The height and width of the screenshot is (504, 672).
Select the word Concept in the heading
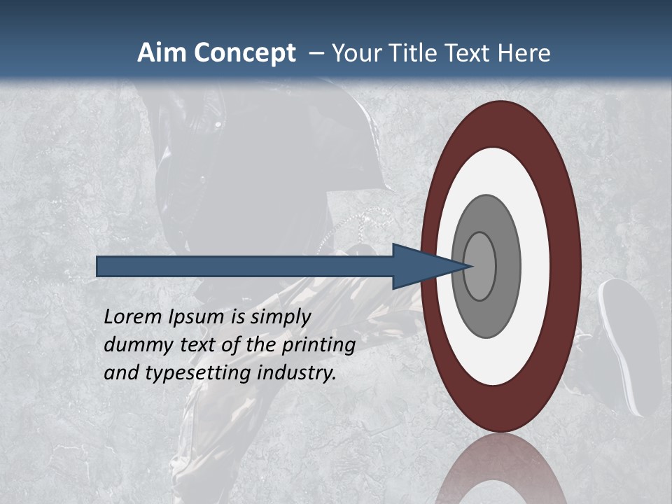(245, 53)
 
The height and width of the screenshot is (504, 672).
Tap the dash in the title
(316, 53)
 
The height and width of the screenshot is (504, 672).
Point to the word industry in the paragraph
(297, 373)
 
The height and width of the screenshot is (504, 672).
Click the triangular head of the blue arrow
(420, 266)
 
